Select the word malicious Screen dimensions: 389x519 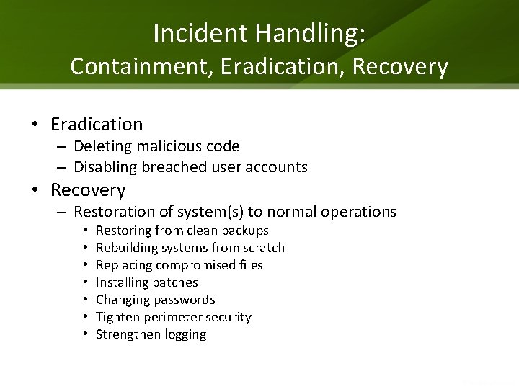coord(169,146)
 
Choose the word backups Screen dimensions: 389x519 coord(244,231)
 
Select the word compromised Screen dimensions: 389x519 coord(188,265)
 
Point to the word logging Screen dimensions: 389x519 coord(183,334)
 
